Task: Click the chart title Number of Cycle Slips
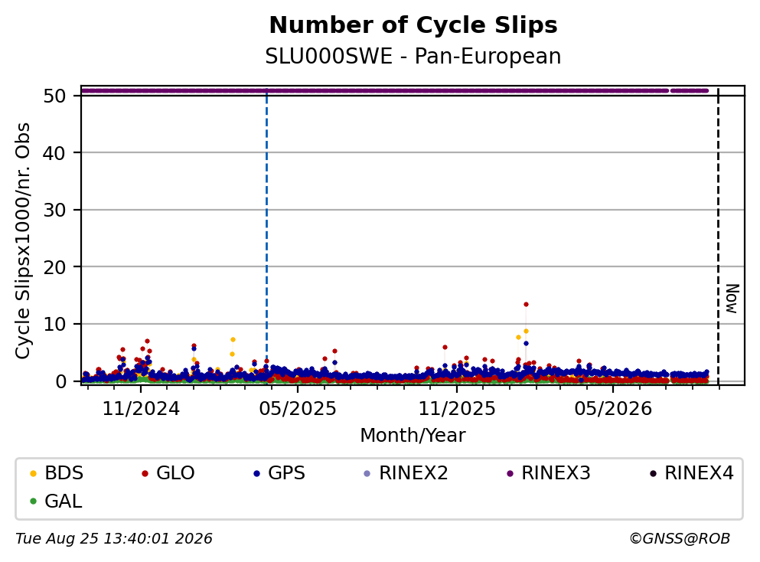(x=413, y=25)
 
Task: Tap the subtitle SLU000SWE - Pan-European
(x=413, y=56)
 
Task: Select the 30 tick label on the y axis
(x=54, y=210)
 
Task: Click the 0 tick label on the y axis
(x=60, y=381)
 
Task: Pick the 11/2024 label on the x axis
(x=141, y=409)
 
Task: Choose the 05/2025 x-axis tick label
(x=298, y=409)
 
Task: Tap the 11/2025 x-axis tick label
(x=457, y=409)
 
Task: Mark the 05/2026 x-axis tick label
(x=613, y=409)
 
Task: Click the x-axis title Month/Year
(x=413, y=435)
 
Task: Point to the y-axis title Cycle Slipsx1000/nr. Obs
(x=22, y=240)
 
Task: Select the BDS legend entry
(x=57, y=472)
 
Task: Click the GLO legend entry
(x=168, y=472)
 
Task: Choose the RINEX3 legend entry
(x=549, y=472)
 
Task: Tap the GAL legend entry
(x=56, y=501)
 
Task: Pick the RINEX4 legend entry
(x=692, y=472)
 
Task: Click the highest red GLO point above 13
(x=526, y=305)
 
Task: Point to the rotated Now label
(x=732, y=299)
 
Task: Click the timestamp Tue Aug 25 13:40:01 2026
(x=114, y=539)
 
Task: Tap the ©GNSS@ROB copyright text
(x=680, y=539)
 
